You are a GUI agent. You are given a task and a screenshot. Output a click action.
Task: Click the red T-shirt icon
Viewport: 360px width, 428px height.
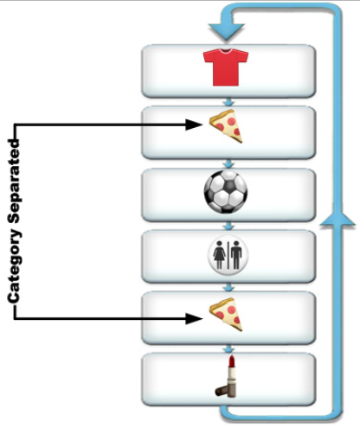coord(226,67)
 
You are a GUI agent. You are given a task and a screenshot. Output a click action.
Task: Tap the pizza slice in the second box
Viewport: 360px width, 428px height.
coord(226,126)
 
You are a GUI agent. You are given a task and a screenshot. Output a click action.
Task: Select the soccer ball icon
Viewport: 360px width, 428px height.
coord(226,192)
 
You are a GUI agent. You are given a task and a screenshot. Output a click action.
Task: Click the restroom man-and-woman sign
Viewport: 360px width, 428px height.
coord(228,255)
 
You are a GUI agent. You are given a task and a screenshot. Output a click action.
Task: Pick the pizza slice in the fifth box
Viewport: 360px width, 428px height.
coord(226,315)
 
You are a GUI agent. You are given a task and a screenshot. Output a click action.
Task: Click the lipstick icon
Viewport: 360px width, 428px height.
coord(226,376)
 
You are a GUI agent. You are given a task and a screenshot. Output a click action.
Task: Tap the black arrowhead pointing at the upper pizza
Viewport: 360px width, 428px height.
coord(194,125)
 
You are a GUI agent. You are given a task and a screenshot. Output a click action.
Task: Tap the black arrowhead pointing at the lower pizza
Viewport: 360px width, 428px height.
coord(194,319)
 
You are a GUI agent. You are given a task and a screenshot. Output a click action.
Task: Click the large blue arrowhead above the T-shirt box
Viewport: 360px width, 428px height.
coord(227,31)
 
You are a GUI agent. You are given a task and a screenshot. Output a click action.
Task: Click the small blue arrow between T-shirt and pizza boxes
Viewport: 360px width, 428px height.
coord(228,102)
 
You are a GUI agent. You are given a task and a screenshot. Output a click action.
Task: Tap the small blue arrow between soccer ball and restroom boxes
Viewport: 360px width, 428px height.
coord(228,226)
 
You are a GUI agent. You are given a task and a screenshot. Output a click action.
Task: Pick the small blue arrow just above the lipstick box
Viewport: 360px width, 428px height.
coord(228,349)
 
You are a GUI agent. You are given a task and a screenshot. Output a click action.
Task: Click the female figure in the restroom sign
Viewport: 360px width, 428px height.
coord(219,255)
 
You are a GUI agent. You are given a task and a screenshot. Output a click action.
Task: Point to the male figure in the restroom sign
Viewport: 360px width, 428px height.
coord(236,255)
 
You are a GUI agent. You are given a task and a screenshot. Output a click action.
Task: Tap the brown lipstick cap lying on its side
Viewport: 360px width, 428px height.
coord(222,391)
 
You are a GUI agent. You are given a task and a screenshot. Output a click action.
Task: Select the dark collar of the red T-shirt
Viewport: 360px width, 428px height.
coord(226,51)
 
